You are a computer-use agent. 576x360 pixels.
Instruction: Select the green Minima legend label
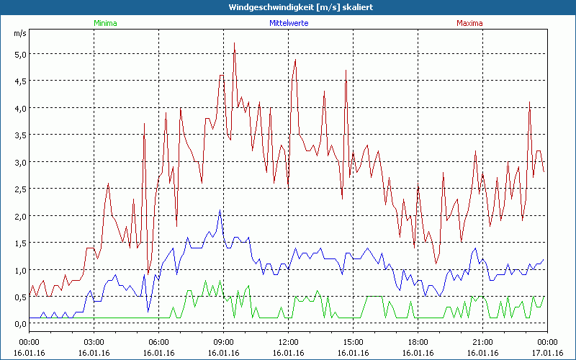coord(104,23)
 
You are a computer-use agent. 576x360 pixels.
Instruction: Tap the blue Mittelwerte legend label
coord(288,23)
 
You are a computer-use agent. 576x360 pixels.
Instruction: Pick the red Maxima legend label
coord(469,23)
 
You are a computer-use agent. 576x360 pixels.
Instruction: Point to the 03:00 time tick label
coord(94,341)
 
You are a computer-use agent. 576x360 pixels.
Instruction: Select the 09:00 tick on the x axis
coord(223,341)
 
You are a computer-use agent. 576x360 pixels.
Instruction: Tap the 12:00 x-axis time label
coord(288,341)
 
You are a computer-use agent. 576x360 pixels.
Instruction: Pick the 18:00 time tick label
coord(418,341)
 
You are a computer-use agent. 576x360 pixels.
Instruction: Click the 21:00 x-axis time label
coord(482,341)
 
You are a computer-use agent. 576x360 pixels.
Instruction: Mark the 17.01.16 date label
coord(547,352)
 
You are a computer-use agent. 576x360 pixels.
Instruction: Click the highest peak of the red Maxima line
coord(234,43)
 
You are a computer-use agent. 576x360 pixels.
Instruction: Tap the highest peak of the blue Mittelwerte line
coord(220,210)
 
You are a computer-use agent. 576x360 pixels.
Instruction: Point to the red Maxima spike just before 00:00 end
coord(530,102)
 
